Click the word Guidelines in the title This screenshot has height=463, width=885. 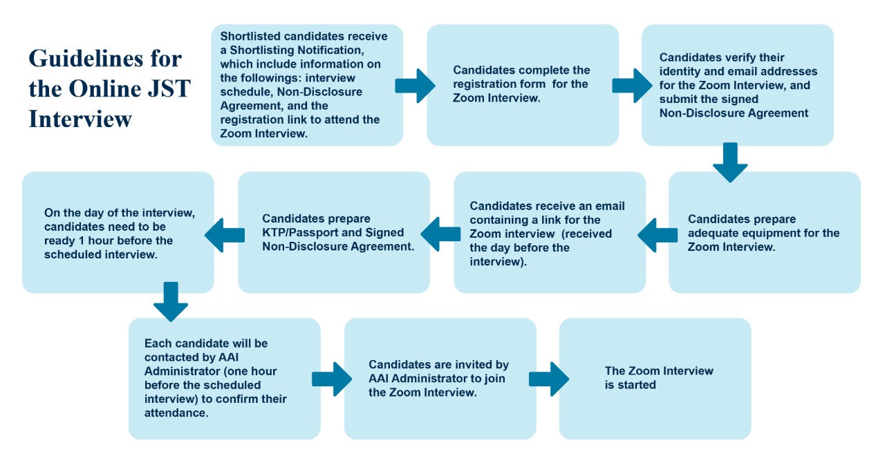point(86,59)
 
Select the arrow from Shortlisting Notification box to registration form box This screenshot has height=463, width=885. point(416,86)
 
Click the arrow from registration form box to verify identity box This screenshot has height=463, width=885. point(632,86)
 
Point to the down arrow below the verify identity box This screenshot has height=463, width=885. point(730,162)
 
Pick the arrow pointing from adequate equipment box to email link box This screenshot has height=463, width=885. point(658,235)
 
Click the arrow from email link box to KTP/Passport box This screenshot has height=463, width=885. point(440,234)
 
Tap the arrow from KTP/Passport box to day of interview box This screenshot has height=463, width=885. point(225,235)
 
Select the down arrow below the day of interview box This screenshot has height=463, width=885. point(171,302)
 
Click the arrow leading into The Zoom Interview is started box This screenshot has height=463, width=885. point(549,379)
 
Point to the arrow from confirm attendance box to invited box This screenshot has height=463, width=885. point(332,379)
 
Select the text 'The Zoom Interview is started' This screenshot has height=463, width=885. point(659,378)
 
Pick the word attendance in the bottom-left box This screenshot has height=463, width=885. point(176,413)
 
